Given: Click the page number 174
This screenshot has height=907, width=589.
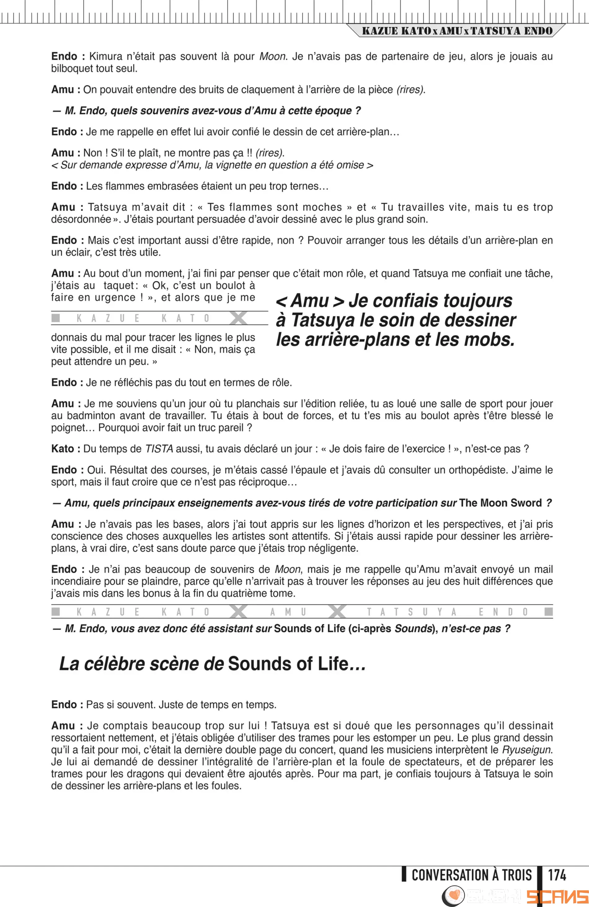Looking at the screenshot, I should point(557,875).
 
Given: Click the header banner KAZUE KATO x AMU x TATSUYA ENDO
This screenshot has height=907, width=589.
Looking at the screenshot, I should point(457,31).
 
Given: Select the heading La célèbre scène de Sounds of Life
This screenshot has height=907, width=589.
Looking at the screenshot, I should point(212,664).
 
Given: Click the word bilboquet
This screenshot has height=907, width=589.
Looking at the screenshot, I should point(71,69).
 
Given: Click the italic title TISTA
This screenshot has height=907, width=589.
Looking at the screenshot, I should point(159,449).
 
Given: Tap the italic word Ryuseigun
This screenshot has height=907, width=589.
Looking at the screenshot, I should point(527,750).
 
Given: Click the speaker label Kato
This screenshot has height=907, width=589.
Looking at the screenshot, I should point(63,449).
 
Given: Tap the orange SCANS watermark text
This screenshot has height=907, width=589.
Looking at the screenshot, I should point(557,896).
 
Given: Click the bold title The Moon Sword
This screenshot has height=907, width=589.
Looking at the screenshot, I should point(500,503).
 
